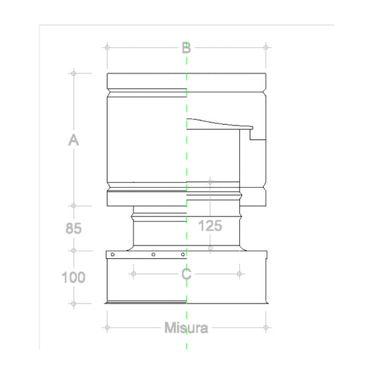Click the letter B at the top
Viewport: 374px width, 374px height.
(x=186, y=48)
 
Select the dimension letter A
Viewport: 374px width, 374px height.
(x=73, y=141)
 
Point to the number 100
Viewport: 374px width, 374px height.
(x=73, y=277)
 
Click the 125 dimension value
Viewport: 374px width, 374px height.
(x=210, y=227)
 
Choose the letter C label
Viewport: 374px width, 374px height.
(x=186, y=274)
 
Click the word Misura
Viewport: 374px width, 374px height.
(x=186, y=328)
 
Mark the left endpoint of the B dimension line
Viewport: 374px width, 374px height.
(x=107, y=47)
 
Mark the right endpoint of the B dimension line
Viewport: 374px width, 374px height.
(x=266, y=47)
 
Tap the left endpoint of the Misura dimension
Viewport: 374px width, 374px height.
(x=106, y=327)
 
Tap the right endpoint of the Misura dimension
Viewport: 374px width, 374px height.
(x=266, y=327)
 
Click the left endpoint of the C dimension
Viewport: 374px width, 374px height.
(x=133, y=273)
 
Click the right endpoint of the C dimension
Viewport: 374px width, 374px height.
(x=239, y=273)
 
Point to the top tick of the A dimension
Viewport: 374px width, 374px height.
(x=73, y=73)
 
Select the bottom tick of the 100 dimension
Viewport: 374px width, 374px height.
(x=73, y=304)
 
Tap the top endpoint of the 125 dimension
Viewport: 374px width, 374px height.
(x=210, y=183)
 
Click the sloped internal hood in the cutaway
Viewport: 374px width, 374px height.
(x=219, y=125)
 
